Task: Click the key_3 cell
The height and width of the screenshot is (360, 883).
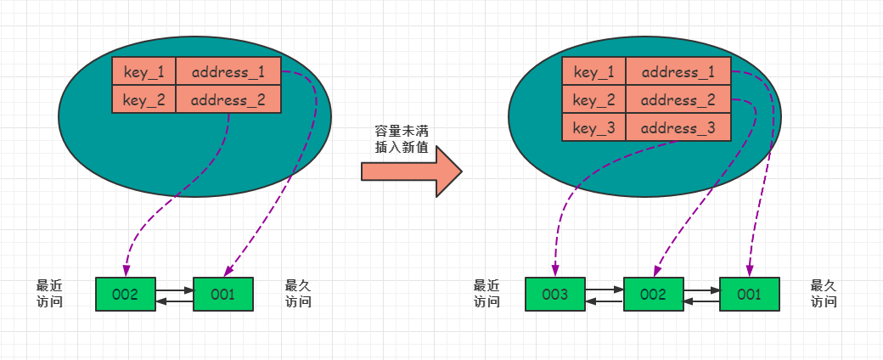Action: tap(593, 128)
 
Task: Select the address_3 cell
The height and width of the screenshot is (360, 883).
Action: tap(678, 128)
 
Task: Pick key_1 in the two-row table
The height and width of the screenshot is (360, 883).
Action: tap(143, 71)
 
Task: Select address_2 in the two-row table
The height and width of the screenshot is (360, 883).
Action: tap(228, 100)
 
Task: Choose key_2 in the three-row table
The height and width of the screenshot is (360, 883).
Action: tap(593, 100)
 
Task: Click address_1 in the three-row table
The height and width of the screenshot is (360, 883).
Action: tap(678, 72)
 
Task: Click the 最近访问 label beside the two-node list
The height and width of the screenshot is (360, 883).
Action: tap(48, 293)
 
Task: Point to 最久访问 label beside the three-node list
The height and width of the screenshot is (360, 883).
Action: tap(824, 293)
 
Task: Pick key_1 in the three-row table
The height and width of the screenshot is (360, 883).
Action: tap(593, 72)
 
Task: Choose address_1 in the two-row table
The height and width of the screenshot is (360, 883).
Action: tap(228, 71)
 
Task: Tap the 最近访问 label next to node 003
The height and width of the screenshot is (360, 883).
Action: tap(486, 293)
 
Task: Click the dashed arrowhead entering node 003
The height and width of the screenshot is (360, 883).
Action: tap(554, 270)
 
